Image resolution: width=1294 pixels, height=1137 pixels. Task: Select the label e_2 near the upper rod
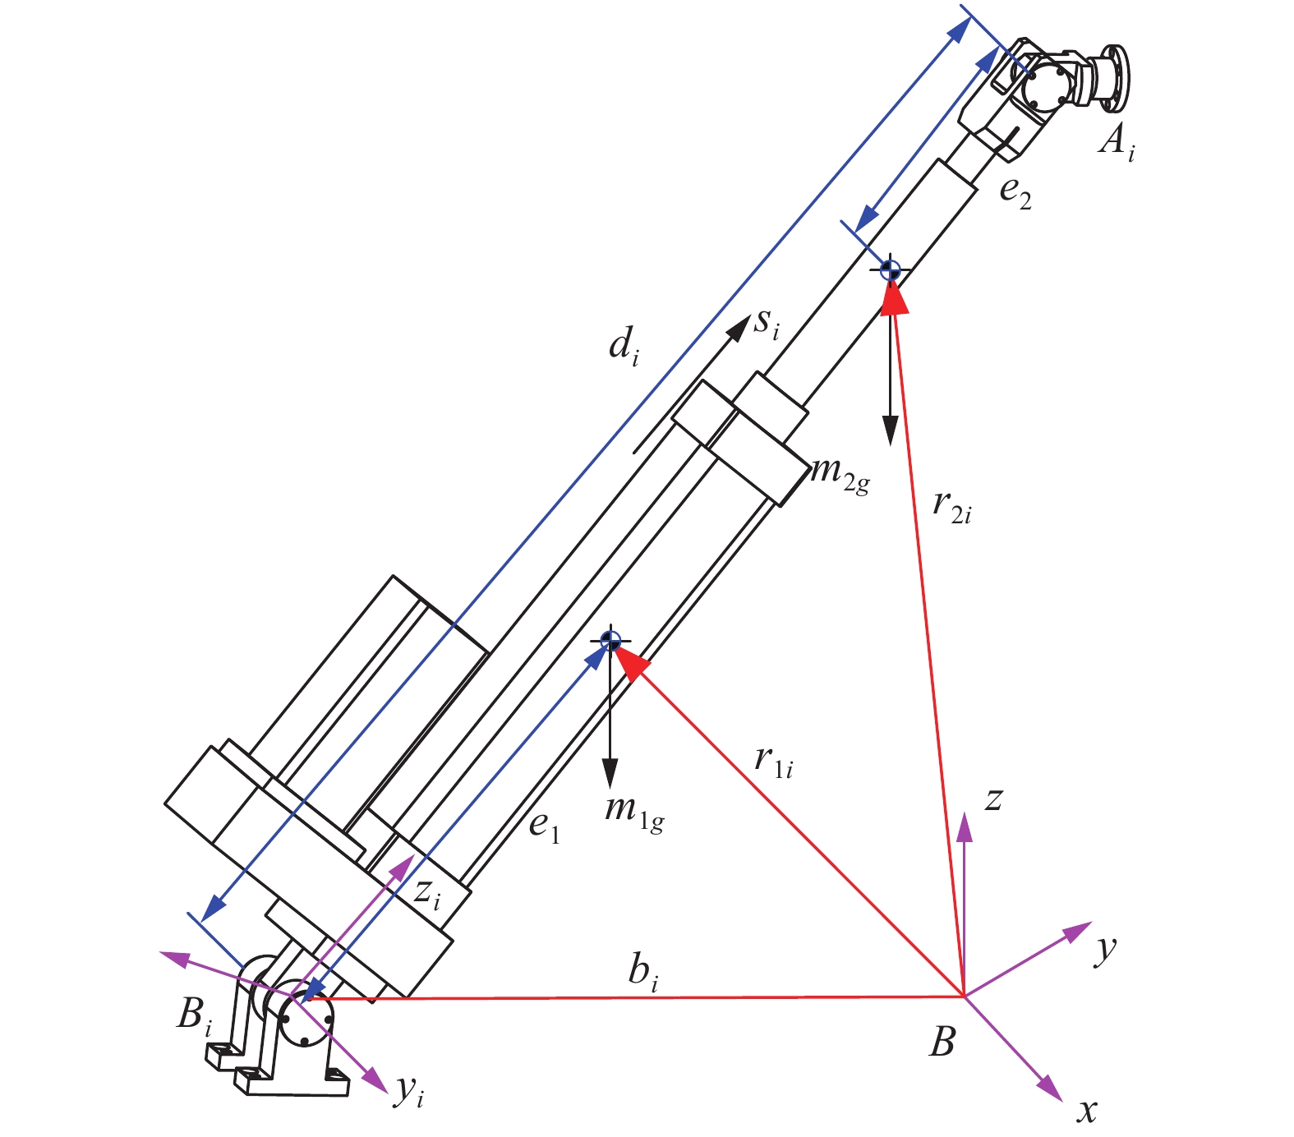tap(1015, 193)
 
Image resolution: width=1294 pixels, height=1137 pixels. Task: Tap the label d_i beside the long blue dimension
tap(624, 345)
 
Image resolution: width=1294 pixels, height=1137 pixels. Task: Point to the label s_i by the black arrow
tap(767, 325)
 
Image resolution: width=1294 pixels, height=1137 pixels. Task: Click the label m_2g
tap(839, 475)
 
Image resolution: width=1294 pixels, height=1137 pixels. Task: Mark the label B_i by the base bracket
tap(194, 1017)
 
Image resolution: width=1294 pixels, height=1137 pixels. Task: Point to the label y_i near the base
tap(409, 1092)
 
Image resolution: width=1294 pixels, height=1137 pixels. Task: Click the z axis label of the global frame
tap(993, 799)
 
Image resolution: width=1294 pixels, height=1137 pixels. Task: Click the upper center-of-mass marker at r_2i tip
tap(890, 269)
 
